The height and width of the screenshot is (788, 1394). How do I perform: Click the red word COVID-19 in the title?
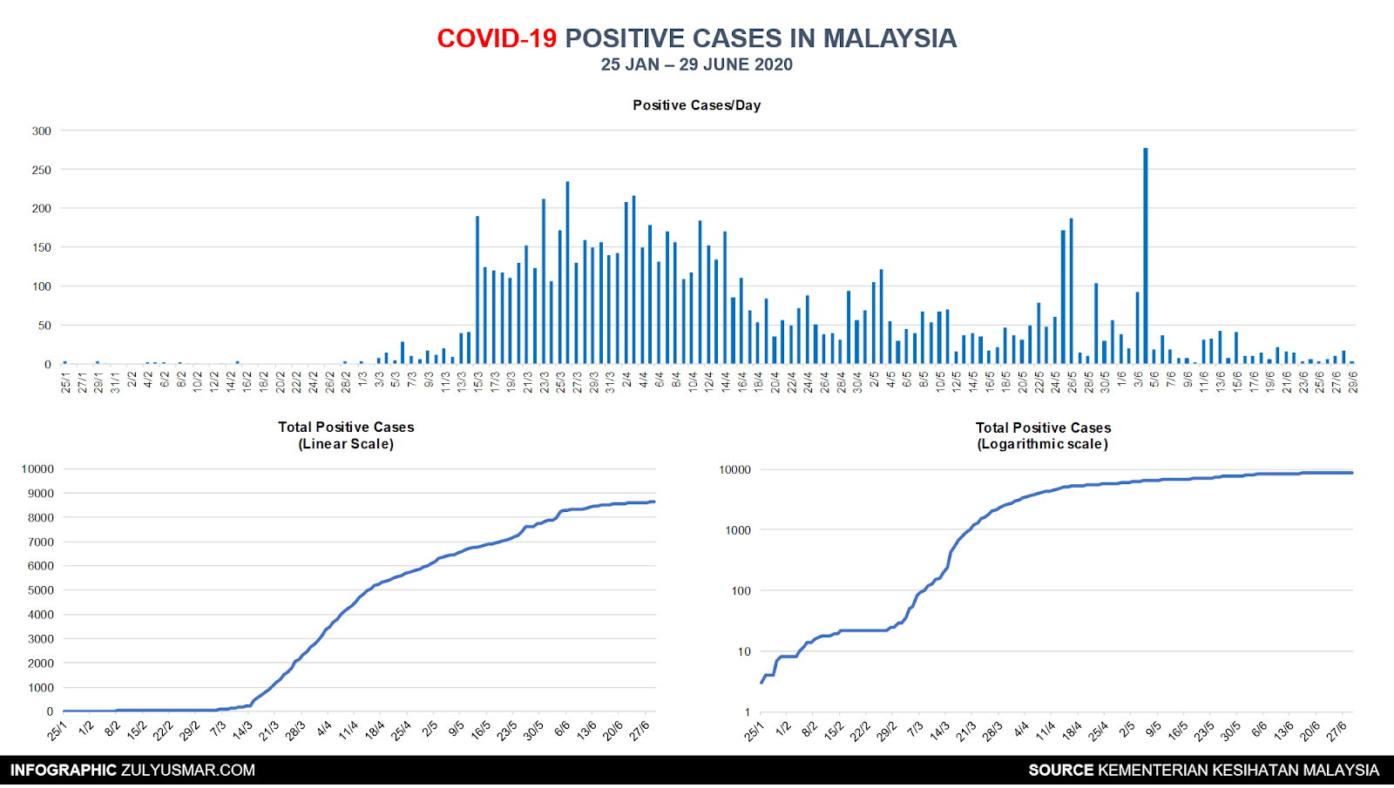497,38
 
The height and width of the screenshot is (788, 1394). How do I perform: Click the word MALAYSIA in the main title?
890,38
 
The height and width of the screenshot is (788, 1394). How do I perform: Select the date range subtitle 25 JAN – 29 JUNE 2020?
696,64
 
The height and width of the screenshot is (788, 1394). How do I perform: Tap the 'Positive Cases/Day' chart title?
696,105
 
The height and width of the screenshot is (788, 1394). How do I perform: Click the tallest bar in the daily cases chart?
1145,256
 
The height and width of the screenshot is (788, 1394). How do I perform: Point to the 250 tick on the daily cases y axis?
42,170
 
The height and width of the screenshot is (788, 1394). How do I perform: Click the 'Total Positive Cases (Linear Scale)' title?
346,435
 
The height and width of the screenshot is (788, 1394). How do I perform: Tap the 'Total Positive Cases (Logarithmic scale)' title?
1043,435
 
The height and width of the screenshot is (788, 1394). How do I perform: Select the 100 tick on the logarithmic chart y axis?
741,591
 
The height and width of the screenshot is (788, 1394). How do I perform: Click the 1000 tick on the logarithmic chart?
738,530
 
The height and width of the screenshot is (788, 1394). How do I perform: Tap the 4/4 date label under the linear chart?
324,729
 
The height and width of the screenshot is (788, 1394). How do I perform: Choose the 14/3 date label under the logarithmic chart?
939,731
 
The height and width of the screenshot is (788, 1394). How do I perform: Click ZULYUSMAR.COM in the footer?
188,771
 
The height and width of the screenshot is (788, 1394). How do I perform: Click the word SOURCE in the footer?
1060,771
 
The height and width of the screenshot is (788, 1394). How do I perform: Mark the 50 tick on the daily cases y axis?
44,326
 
